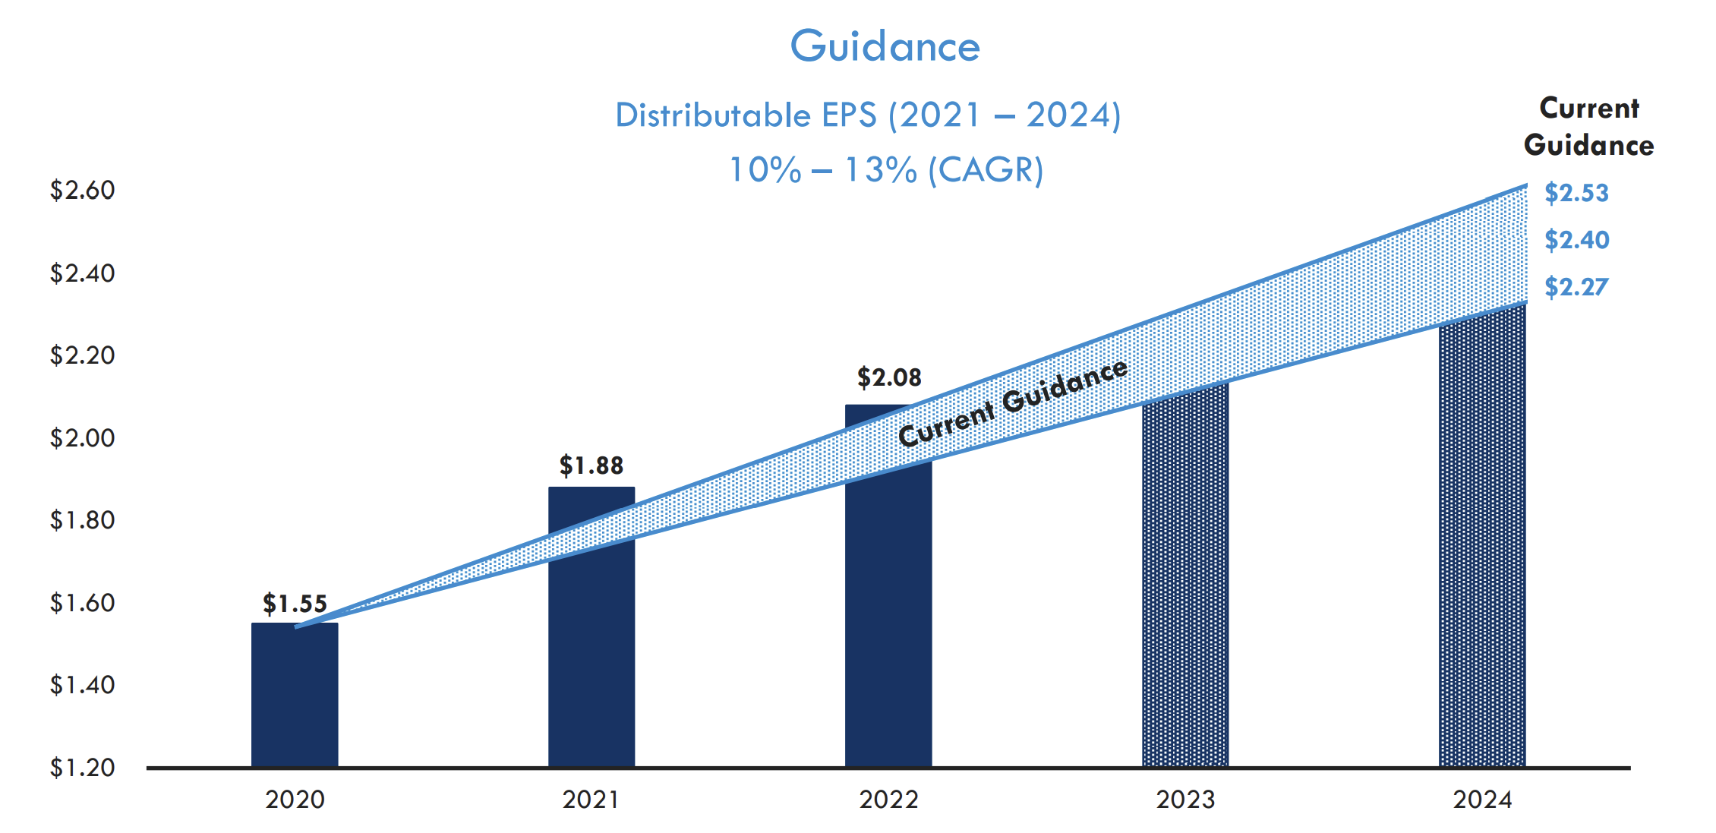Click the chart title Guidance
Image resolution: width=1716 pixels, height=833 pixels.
click(x=885, y=46)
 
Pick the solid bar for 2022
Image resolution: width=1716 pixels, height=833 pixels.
click(x=888, y=607)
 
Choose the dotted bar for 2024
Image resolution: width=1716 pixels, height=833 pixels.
click(x=1482, y=547)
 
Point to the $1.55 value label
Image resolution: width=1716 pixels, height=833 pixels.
click(x=295, y=604)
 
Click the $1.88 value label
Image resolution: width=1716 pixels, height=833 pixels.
click(x=591, y=465)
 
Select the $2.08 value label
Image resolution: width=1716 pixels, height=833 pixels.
click(x=889, y=377)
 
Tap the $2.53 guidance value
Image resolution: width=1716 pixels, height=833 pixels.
click(x=1576, y=193)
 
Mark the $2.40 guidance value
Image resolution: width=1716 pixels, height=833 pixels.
click(x=1576, y=240)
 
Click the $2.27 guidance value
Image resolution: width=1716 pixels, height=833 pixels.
click(x=1576, y=287)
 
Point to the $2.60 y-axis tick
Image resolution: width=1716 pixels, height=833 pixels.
click(x=82, y=190)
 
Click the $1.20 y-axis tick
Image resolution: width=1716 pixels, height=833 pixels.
click(x=82, y=768)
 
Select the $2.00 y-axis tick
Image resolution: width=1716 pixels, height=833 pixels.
click(x=82, y=438)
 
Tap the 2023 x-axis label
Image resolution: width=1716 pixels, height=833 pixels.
click(x=1185, y=800)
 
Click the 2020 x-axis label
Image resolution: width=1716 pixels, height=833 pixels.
click(x=295, y=800)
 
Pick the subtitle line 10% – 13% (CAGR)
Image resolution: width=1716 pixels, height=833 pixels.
click(x=886, y=170)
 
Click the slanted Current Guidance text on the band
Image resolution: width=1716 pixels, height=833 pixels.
click(x=1012, y=403)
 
